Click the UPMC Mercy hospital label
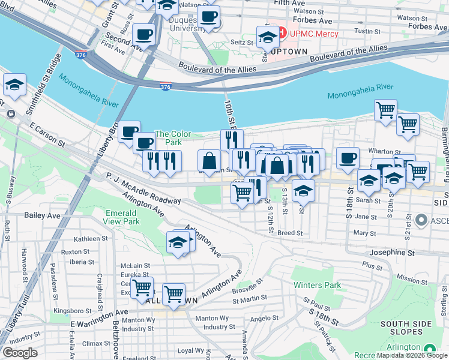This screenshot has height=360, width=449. [x=314, y=34]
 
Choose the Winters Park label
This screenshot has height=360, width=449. [x=317, y=285]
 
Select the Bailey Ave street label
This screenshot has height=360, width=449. [x=42, y=214]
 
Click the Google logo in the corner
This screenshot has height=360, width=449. [x=20, y=352]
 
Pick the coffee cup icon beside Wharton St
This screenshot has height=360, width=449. [x=348, y=159]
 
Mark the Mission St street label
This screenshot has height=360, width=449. [x=412, y=279]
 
